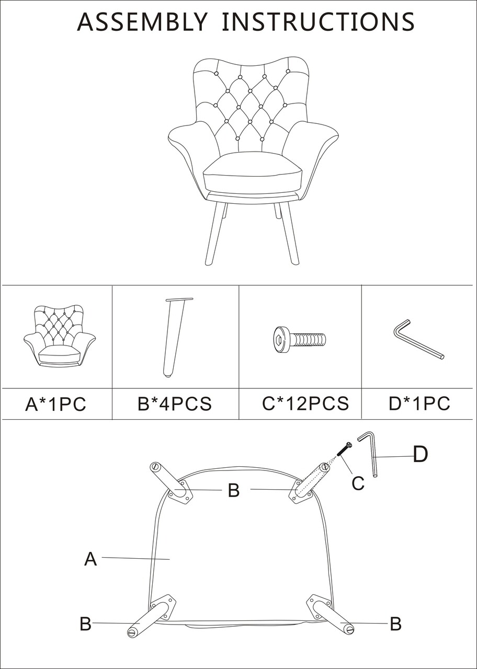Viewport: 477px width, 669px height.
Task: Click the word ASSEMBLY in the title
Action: point(142,22)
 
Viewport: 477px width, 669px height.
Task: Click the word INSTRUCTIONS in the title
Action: point(319,22)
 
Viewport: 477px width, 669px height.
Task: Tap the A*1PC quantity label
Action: point(55,404)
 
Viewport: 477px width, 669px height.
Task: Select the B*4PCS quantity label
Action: point(175,403)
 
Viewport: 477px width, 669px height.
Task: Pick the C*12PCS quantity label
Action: point(305,403)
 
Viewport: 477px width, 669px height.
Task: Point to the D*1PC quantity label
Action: point(419,403)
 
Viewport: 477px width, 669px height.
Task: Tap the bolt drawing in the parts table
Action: point(300,340)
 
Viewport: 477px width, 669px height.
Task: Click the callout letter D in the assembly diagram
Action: point(421,454)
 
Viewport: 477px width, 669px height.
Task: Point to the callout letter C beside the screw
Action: point(358,483)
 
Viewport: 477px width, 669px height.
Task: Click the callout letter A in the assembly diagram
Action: point(90,559)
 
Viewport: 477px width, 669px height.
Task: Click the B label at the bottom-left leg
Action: point(85,624)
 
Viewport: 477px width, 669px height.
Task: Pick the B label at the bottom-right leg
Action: point(396,624)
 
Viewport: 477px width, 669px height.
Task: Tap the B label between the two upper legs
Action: point(234,490)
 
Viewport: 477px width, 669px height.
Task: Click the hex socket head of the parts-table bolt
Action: point(279,340)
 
